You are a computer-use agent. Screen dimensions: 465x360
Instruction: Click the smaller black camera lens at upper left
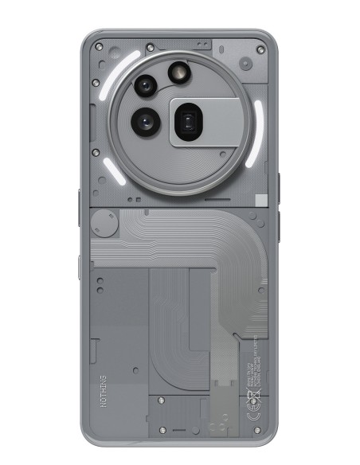pos(145,85)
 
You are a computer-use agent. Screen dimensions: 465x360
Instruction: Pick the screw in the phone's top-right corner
pos(260,50)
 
